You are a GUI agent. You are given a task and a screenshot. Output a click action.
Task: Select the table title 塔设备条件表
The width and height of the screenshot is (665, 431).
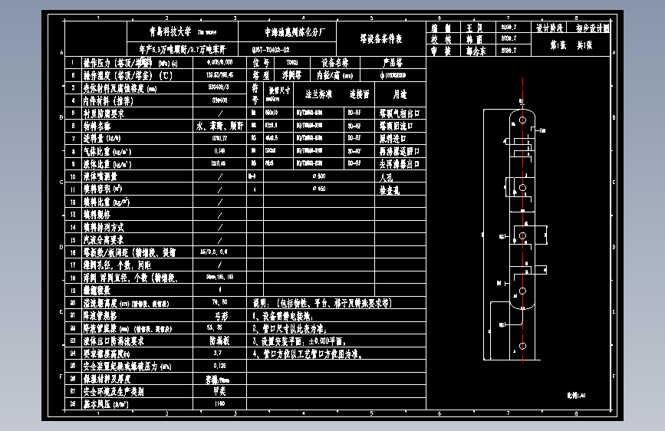[x=381, y=38]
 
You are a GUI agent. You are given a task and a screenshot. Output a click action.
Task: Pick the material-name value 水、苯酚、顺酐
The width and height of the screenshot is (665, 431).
[x=219, y=126]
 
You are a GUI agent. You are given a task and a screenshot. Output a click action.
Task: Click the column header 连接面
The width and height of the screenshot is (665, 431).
[x=359, y=94]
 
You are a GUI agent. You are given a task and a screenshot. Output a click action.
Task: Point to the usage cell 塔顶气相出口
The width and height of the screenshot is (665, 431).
[x=400, y=113]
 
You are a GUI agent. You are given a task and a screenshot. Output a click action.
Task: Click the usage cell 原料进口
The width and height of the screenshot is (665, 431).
[x=394, y=138]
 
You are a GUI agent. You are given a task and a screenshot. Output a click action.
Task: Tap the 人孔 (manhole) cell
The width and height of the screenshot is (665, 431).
[x=387, y=176]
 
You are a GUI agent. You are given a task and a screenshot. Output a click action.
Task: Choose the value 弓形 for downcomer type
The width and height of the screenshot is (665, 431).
[x=220, y=315]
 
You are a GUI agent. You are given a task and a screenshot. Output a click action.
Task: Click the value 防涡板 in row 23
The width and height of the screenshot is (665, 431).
[x=220, y=340]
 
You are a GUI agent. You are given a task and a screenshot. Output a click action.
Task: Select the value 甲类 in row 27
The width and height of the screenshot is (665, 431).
[x=220, y=390]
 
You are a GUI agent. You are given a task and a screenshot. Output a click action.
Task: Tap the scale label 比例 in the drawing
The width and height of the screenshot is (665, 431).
[x=571, y=395]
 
